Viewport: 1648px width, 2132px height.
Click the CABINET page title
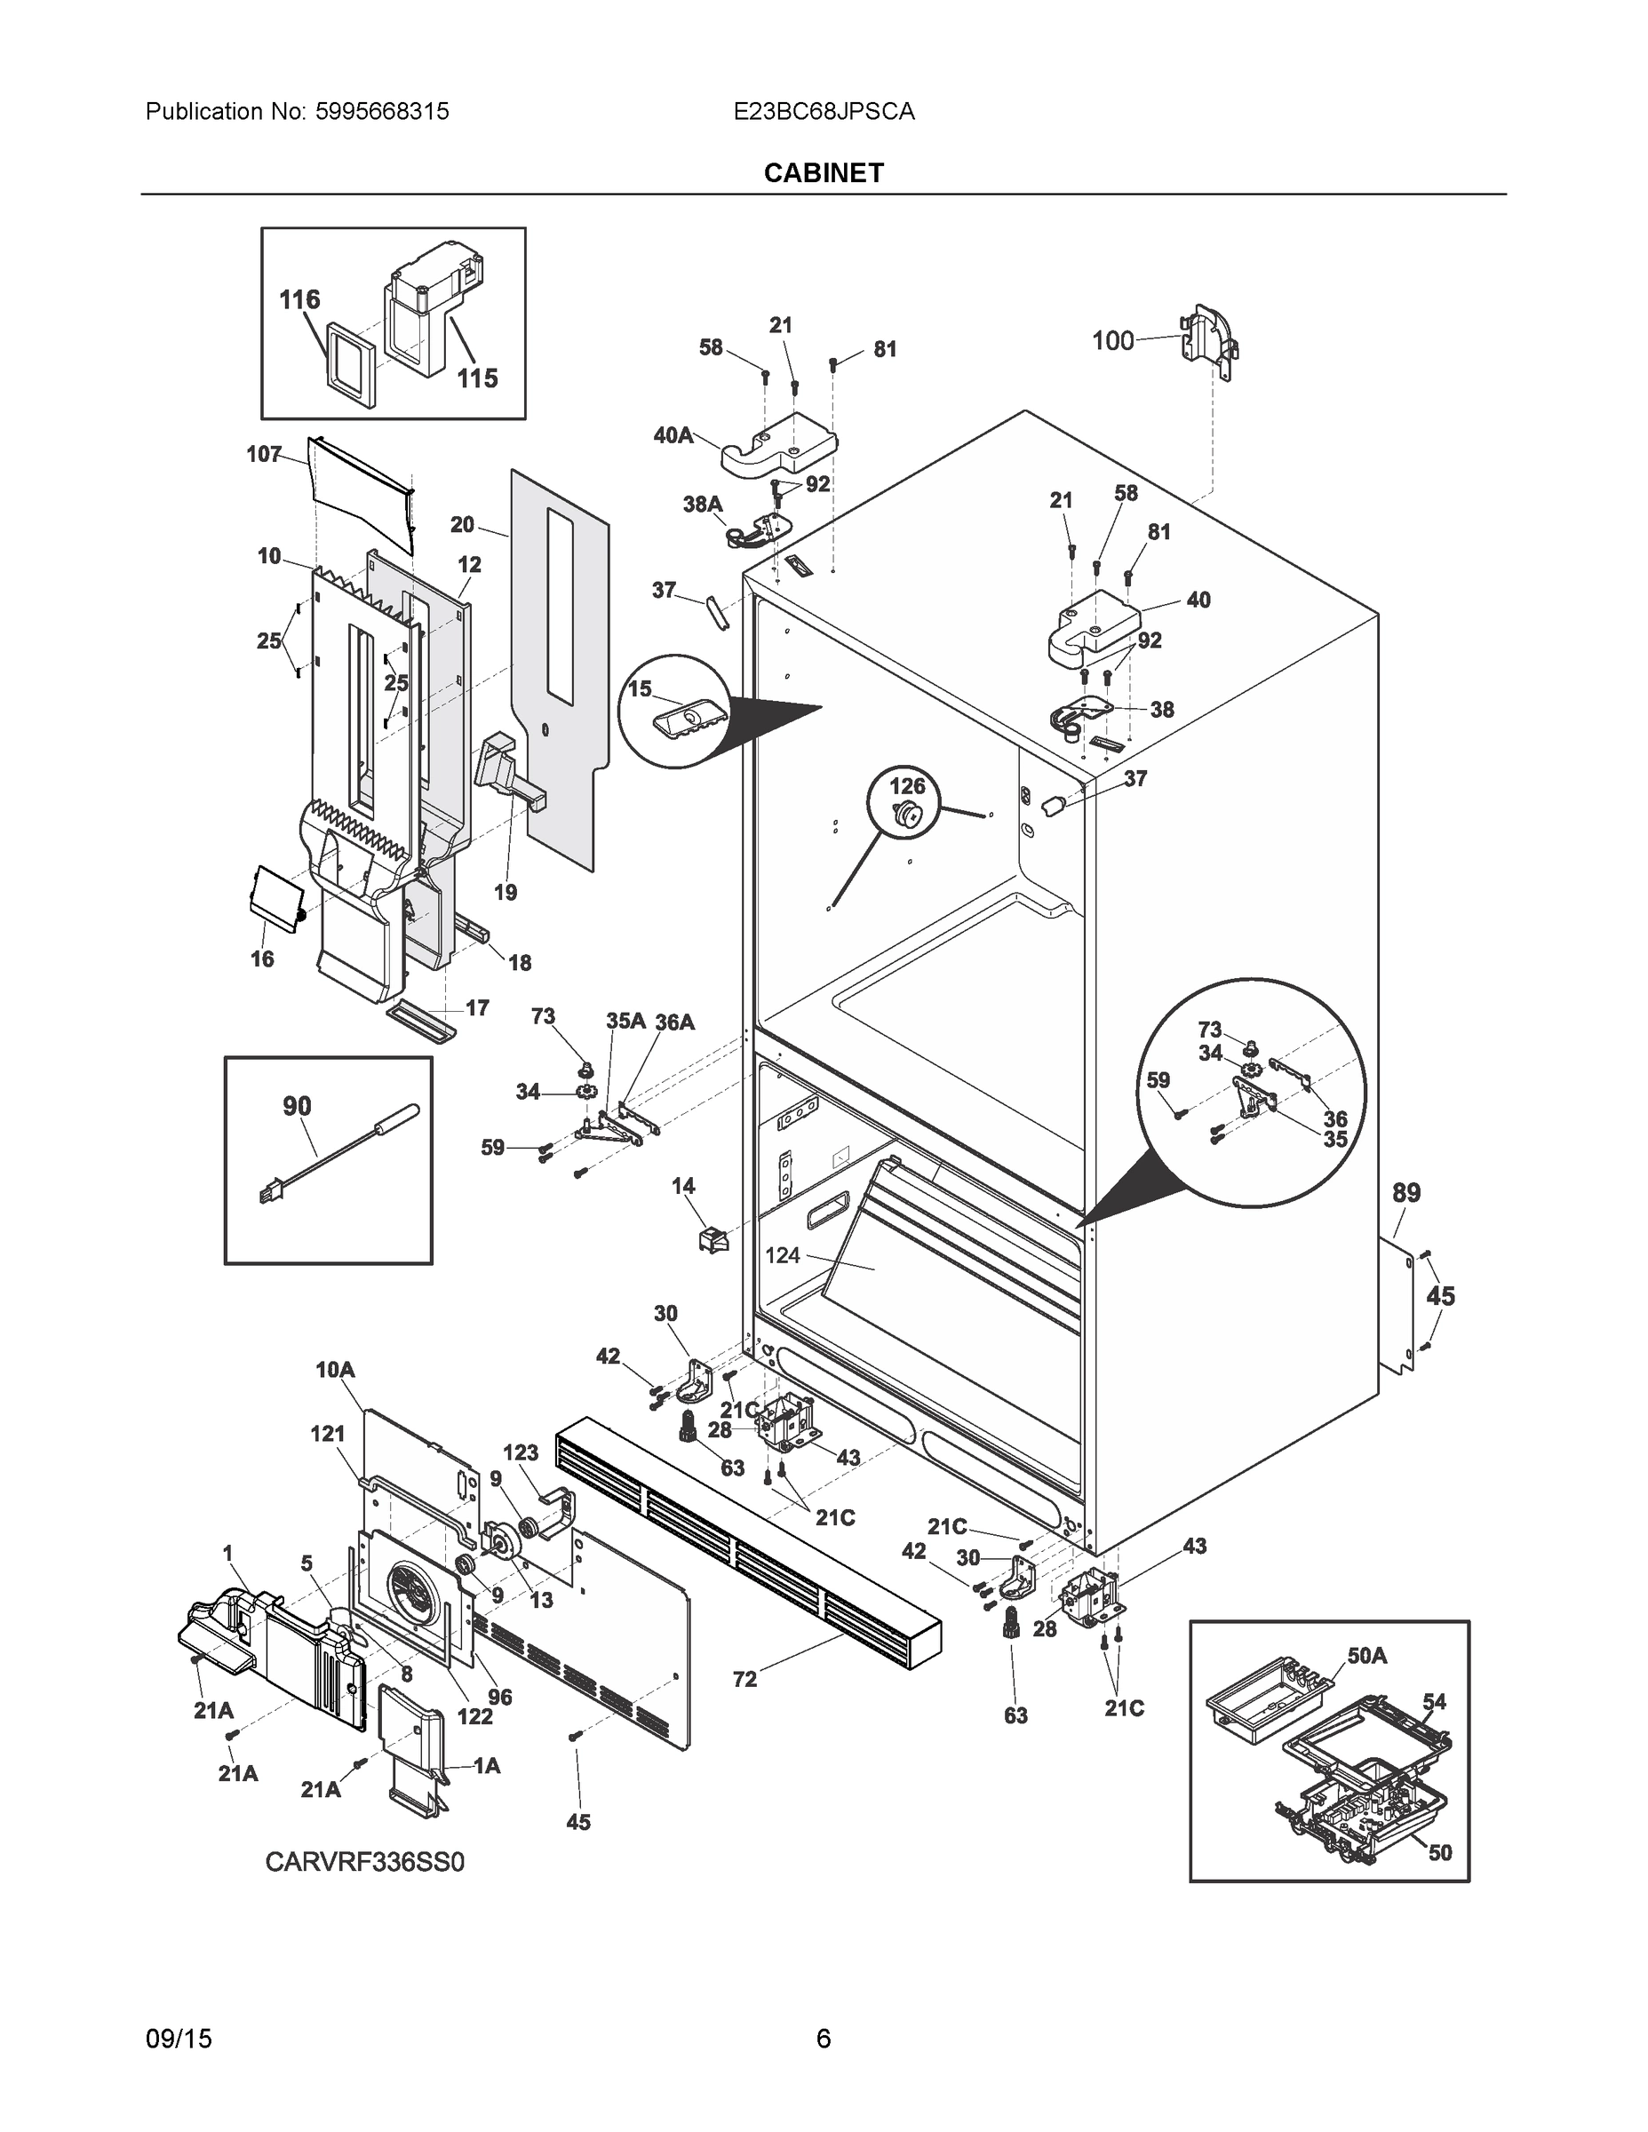823,173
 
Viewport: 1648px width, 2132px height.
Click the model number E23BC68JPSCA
823,111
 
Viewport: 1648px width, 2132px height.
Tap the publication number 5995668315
382,111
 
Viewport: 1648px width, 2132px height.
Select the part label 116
299,299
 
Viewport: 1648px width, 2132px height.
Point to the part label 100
1112,341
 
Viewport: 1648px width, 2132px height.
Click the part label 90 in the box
297,1106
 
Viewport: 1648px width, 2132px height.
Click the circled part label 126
906,786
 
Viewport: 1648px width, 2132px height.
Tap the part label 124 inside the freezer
782,1255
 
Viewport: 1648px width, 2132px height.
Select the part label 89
1405,1193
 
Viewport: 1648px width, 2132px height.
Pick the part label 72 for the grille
744,1679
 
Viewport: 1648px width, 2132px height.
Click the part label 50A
1367,1655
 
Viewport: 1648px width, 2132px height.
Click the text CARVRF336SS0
365,1862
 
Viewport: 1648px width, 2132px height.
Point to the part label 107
264,454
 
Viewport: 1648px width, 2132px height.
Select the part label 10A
335,1371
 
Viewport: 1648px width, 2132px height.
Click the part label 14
683,1185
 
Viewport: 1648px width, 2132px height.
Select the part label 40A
673,435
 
